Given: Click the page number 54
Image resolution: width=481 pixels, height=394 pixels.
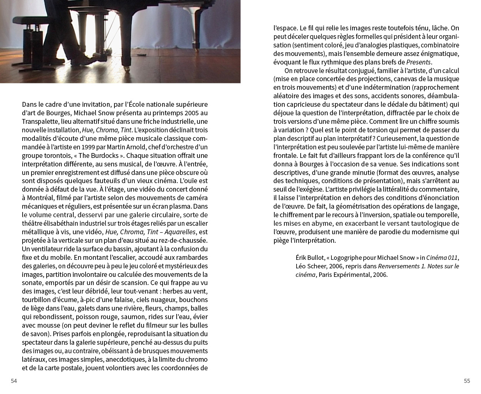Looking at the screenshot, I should (14, 381).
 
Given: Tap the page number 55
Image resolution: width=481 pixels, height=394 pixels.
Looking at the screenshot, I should (467, 381).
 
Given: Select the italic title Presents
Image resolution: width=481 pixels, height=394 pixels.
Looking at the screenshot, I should (419, 62).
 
